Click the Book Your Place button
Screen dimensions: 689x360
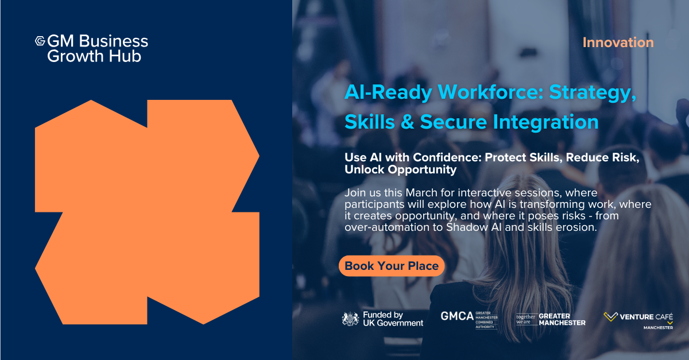(x=392, y=266)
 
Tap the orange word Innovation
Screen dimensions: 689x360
(x=618, y=42)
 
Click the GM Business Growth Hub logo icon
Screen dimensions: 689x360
(x=40, y=41)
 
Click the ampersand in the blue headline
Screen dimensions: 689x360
(x=408, y=122)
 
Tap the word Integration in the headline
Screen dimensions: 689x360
(x=546, y=122)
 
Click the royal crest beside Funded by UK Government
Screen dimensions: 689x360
(x=350, y=319)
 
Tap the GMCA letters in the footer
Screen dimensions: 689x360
(x=457, y=316)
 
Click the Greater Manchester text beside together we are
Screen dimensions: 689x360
(x=562, y=319)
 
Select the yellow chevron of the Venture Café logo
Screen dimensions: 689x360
(x=610, y=316)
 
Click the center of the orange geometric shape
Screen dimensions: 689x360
(x=147, y=212)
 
